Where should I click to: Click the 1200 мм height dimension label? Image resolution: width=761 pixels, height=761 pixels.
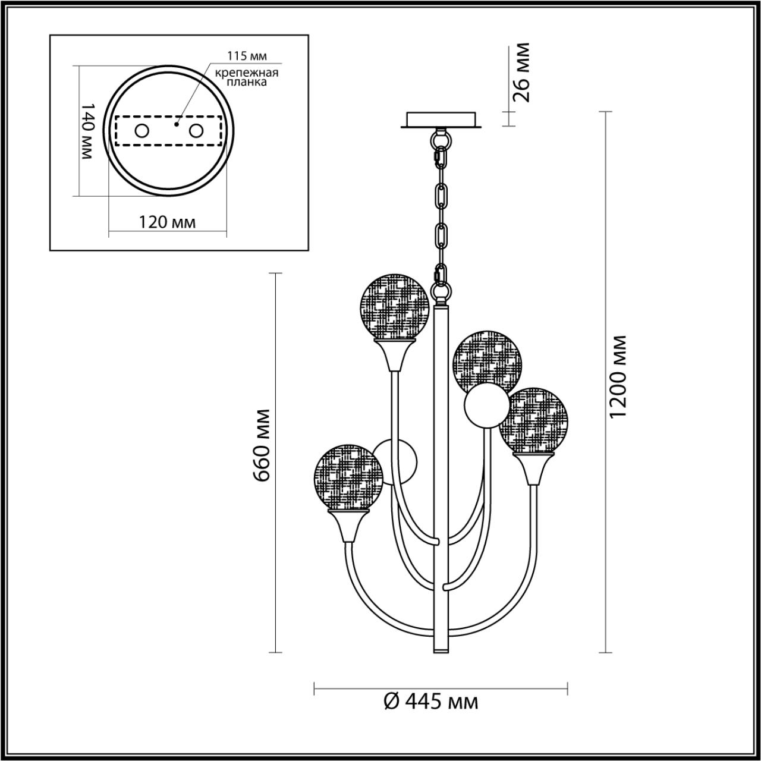click(620, 376)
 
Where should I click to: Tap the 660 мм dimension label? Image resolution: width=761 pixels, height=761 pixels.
click(262, 445)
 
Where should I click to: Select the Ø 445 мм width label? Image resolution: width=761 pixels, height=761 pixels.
click(431, 702)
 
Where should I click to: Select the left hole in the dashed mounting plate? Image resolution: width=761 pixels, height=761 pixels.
click(141, 131)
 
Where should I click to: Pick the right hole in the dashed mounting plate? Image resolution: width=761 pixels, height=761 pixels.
click(196, 131)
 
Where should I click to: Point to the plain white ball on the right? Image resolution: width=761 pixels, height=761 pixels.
click(487, 407)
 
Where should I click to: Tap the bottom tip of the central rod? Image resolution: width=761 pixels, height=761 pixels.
click(441, 650)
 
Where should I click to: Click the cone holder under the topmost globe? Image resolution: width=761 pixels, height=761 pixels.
click(394, 355)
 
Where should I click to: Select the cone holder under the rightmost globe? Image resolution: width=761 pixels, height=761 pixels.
click(533, 468)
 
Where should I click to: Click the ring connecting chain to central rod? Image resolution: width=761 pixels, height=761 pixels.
click(441, 293)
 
